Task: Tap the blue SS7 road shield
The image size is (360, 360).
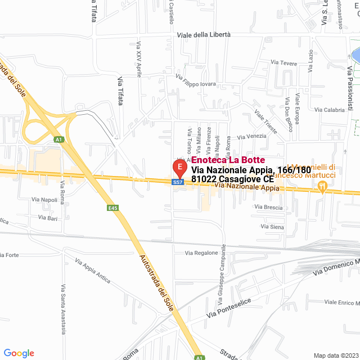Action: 178,182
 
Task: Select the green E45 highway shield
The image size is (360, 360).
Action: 113,208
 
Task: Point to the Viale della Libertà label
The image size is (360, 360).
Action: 204,34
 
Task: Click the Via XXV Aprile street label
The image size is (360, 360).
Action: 139,58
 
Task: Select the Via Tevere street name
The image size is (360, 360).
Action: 283,63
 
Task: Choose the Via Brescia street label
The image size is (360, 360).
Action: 268,207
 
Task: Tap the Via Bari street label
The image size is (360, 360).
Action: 48,217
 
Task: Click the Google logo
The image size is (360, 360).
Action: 19,353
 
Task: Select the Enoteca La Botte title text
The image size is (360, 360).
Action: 224,160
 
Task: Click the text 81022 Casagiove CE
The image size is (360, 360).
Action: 232,179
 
